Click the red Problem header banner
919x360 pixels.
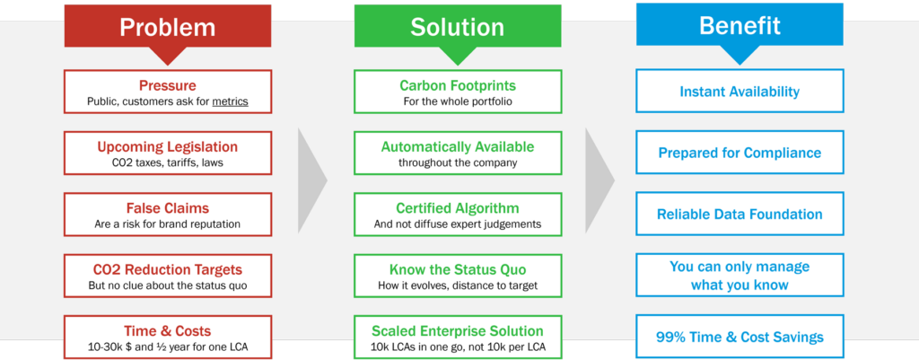coord(168,26)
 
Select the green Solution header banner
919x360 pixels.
coord(457,26)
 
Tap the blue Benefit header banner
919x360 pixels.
coord(740,26)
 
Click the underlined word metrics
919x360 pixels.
coord(230,101)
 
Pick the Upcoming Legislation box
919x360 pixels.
coord(168,154)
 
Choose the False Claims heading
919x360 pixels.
coord(168,207)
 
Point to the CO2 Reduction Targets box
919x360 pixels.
coord(168,276)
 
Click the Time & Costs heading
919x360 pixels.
coord(168,330)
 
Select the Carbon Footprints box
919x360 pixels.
coord(457,92)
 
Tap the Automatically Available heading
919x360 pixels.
coord(457,146)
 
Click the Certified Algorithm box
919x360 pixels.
coord(457,215)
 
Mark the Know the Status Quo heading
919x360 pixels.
coord(457,269)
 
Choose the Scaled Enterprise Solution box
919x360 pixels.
coord(457,337)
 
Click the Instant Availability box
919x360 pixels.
coord(740,92)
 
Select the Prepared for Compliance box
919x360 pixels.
coord(740,153)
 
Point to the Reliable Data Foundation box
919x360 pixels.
coord(740,215)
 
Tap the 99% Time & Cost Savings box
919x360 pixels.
coord(740,338)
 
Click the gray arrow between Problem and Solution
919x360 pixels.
coord(311,179)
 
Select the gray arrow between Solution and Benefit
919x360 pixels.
coord(599,179)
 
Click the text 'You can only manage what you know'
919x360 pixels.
coord(740,276)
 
